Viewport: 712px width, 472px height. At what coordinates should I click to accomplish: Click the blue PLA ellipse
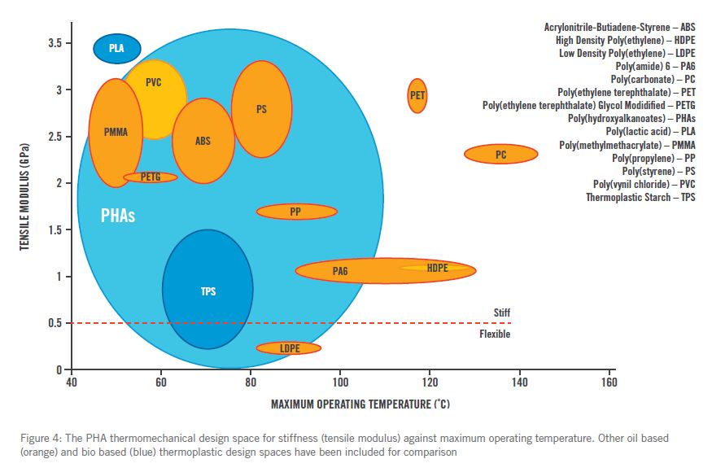[117, 49]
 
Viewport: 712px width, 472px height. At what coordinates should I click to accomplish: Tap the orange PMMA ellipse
[116, 133]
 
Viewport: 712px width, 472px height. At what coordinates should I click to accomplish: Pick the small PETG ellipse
[151, 177]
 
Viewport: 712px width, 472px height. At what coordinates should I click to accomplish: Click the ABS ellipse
[203, 141]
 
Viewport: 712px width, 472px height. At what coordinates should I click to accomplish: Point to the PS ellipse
[261, 108]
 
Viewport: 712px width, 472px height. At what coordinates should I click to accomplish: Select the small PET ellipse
[417, 95]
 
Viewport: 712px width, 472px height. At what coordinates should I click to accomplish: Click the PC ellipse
[500, 154]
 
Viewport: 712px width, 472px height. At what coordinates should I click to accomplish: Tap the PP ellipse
[296, 212]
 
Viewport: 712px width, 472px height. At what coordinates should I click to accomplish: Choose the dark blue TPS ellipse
[207, 290]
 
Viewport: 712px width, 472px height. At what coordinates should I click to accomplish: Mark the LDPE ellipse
[289, 348]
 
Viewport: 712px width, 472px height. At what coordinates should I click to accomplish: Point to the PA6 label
[340, 271]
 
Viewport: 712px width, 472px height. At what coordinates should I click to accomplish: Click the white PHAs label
[118, 217]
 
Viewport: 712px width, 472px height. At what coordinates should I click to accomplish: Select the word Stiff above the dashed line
[502, 312]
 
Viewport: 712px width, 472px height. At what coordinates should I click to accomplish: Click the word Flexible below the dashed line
[495, 334]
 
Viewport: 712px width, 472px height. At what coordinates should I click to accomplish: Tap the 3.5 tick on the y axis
[53, 43]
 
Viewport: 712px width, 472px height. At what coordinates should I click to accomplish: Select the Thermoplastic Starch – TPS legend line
[640, 198]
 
